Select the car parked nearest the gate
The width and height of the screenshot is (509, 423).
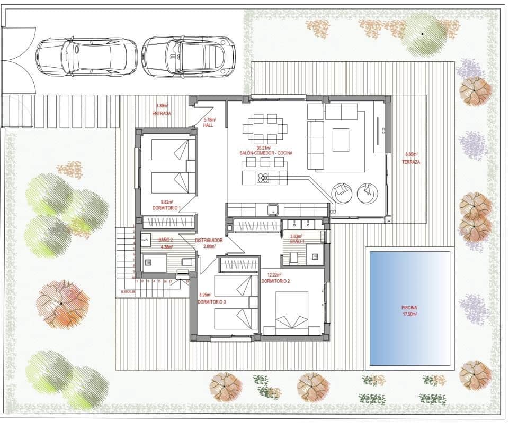pyautogui.click(x=86, y=56)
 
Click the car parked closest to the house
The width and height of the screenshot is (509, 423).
pyautogui.click(x=188, y=56)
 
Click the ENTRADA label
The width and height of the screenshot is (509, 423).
pyautogui.click(x=162, y=114)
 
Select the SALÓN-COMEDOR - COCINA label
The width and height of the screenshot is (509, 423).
pyautogui.click(x=266, y=153)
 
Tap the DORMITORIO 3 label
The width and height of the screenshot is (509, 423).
pyautogui.click(x=212, y=301)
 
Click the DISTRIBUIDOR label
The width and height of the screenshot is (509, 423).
pyautogui.click(x=209, y=240)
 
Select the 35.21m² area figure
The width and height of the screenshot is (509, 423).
pyautogui.click(x=264, y=148)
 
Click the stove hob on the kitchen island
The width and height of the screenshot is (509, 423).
pyautogui.click(x=263, y=178)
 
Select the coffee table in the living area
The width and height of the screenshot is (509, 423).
pyautogui.click(x=341, y=139)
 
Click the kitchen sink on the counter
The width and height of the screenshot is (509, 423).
pyautogui.click(x=273, y=209)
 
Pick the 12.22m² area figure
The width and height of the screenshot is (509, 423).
pyautogui.click(x=275, y=275)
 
